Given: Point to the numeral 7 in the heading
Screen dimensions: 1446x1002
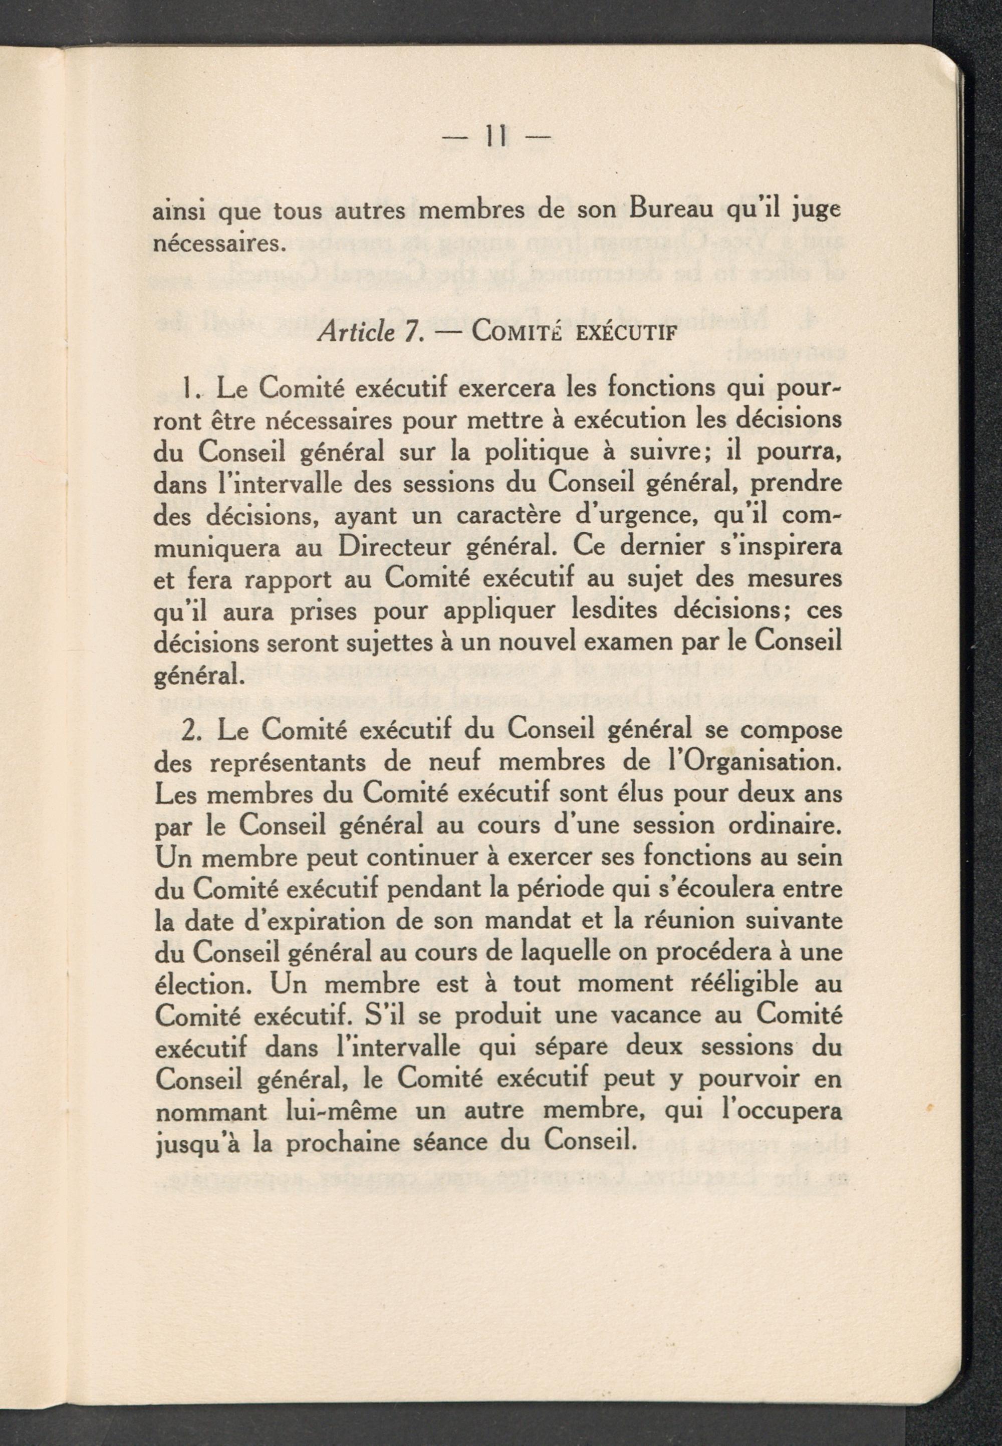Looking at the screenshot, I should tap(411, 332).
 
